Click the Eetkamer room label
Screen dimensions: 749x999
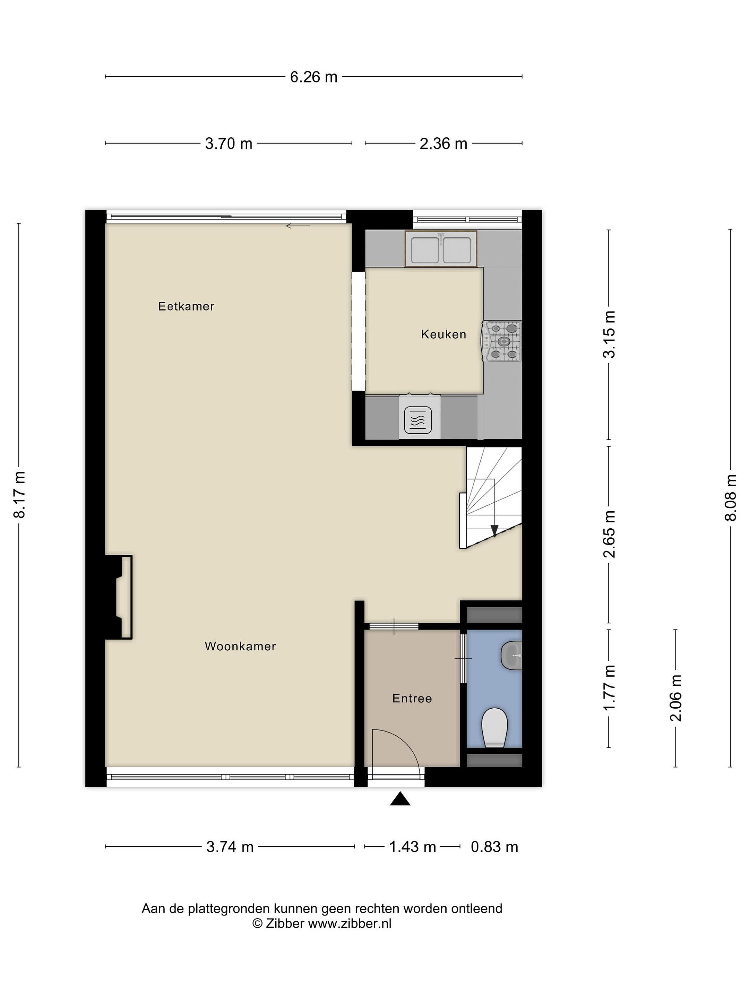(186, 306)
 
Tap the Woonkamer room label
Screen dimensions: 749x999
(240, 646)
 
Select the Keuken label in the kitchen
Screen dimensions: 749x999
(444, 334)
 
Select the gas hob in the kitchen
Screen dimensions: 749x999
(502, 341)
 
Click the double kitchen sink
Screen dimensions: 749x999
(441, 249)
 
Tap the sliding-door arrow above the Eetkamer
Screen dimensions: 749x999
(298, 226)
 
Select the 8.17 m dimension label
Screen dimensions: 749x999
(20, 494)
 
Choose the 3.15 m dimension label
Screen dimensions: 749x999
(610, 335)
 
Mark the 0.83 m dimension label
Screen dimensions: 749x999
(494, 847)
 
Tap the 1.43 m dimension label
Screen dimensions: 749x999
(413, 847)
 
